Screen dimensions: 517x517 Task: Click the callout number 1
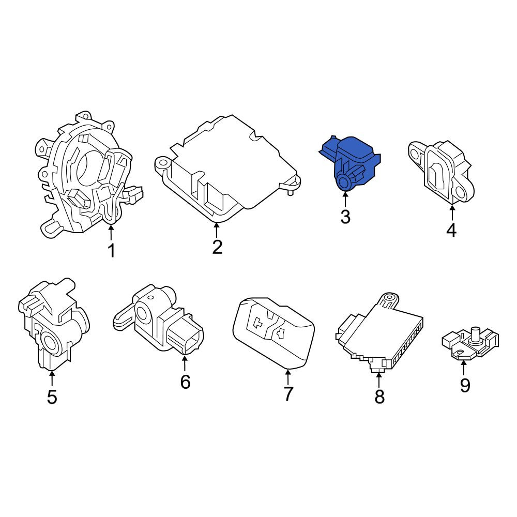click(x=112, y=250)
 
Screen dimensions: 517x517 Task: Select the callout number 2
click(x=217, y=247)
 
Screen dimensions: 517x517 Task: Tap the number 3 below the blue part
click(x=345, y=217)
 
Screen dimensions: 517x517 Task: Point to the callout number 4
click(x=451, y=230)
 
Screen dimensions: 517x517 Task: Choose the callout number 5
click(x=52, y=397)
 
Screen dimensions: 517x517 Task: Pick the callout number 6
click(x=185, y=382)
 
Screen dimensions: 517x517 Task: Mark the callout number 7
click(x=288, y=393)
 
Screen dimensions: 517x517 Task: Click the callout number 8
click(x=379, y=397)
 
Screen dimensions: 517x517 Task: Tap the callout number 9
click(x=465, y=385)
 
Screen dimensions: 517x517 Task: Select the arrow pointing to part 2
click(x=216, y=230)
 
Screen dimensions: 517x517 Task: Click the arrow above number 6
click(x=185, y=362)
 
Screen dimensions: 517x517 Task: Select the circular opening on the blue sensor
click(x=345, y=182)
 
